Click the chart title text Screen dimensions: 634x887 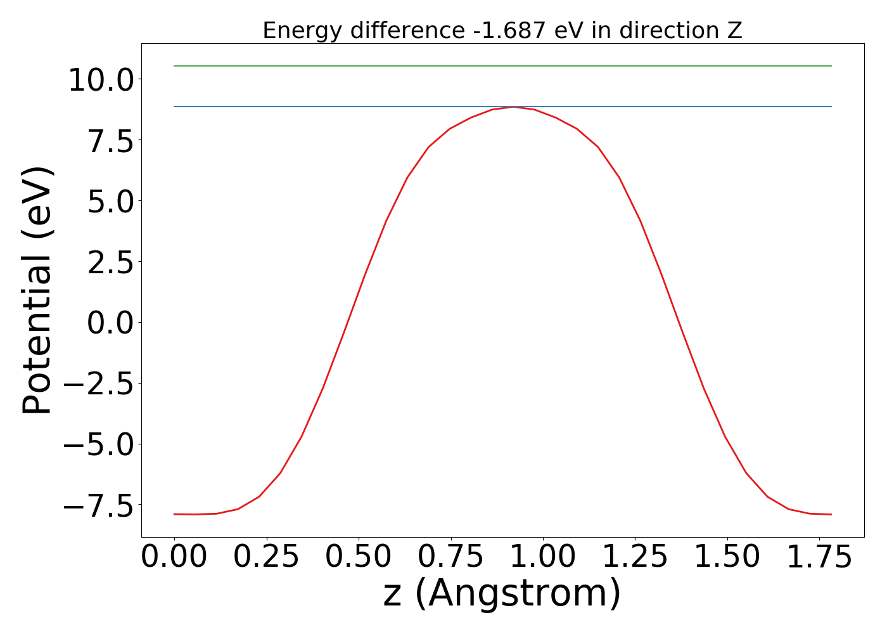coord(502,30)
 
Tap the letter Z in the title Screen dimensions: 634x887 coord(735,30)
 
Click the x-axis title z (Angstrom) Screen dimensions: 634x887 coord(502,593)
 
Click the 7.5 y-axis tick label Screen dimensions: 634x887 coord(110,141)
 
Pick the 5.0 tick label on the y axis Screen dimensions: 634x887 coord(110,202)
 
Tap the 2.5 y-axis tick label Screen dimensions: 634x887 coord(110,263)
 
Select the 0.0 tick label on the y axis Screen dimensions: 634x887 coord(110,324)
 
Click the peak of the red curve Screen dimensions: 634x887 coord(513,107)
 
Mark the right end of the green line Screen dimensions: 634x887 coord(831,66)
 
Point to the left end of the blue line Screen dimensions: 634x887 coord(174,107)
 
